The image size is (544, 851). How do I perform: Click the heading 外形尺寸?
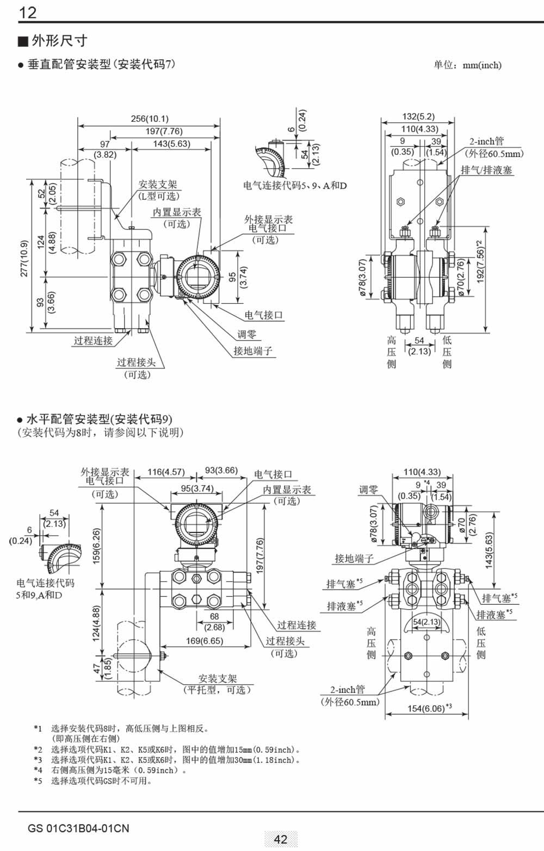[59, 41]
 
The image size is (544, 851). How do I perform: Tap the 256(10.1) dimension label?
[150, 118]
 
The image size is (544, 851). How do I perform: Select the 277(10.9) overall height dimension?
[24, 259]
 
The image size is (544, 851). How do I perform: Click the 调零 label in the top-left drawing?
[246, 334]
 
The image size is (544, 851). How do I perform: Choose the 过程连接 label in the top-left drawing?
[93, 341]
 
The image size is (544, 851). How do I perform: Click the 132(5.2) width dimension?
[418, 116]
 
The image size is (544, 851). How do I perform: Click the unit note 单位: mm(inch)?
[467, 65]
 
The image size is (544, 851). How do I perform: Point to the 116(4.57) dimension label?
[166, 472]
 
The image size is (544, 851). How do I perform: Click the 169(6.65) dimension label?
[205, 641]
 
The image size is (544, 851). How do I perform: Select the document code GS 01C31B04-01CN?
[79, 828]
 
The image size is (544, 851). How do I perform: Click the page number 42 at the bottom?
[281, 839]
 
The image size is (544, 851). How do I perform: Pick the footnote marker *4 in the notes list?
[38, 770]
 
